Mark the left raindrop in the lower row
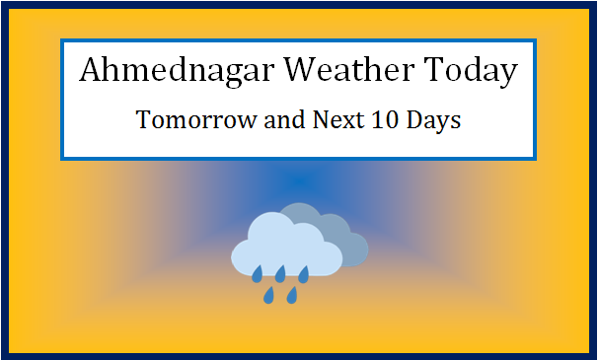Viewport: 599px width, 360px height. click(x=268, y=294)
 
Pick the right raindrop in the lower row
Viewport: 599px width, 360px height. click(x=292, y=294)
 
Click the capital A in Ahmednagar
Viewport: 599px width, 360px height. click(x=89, y=72)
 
